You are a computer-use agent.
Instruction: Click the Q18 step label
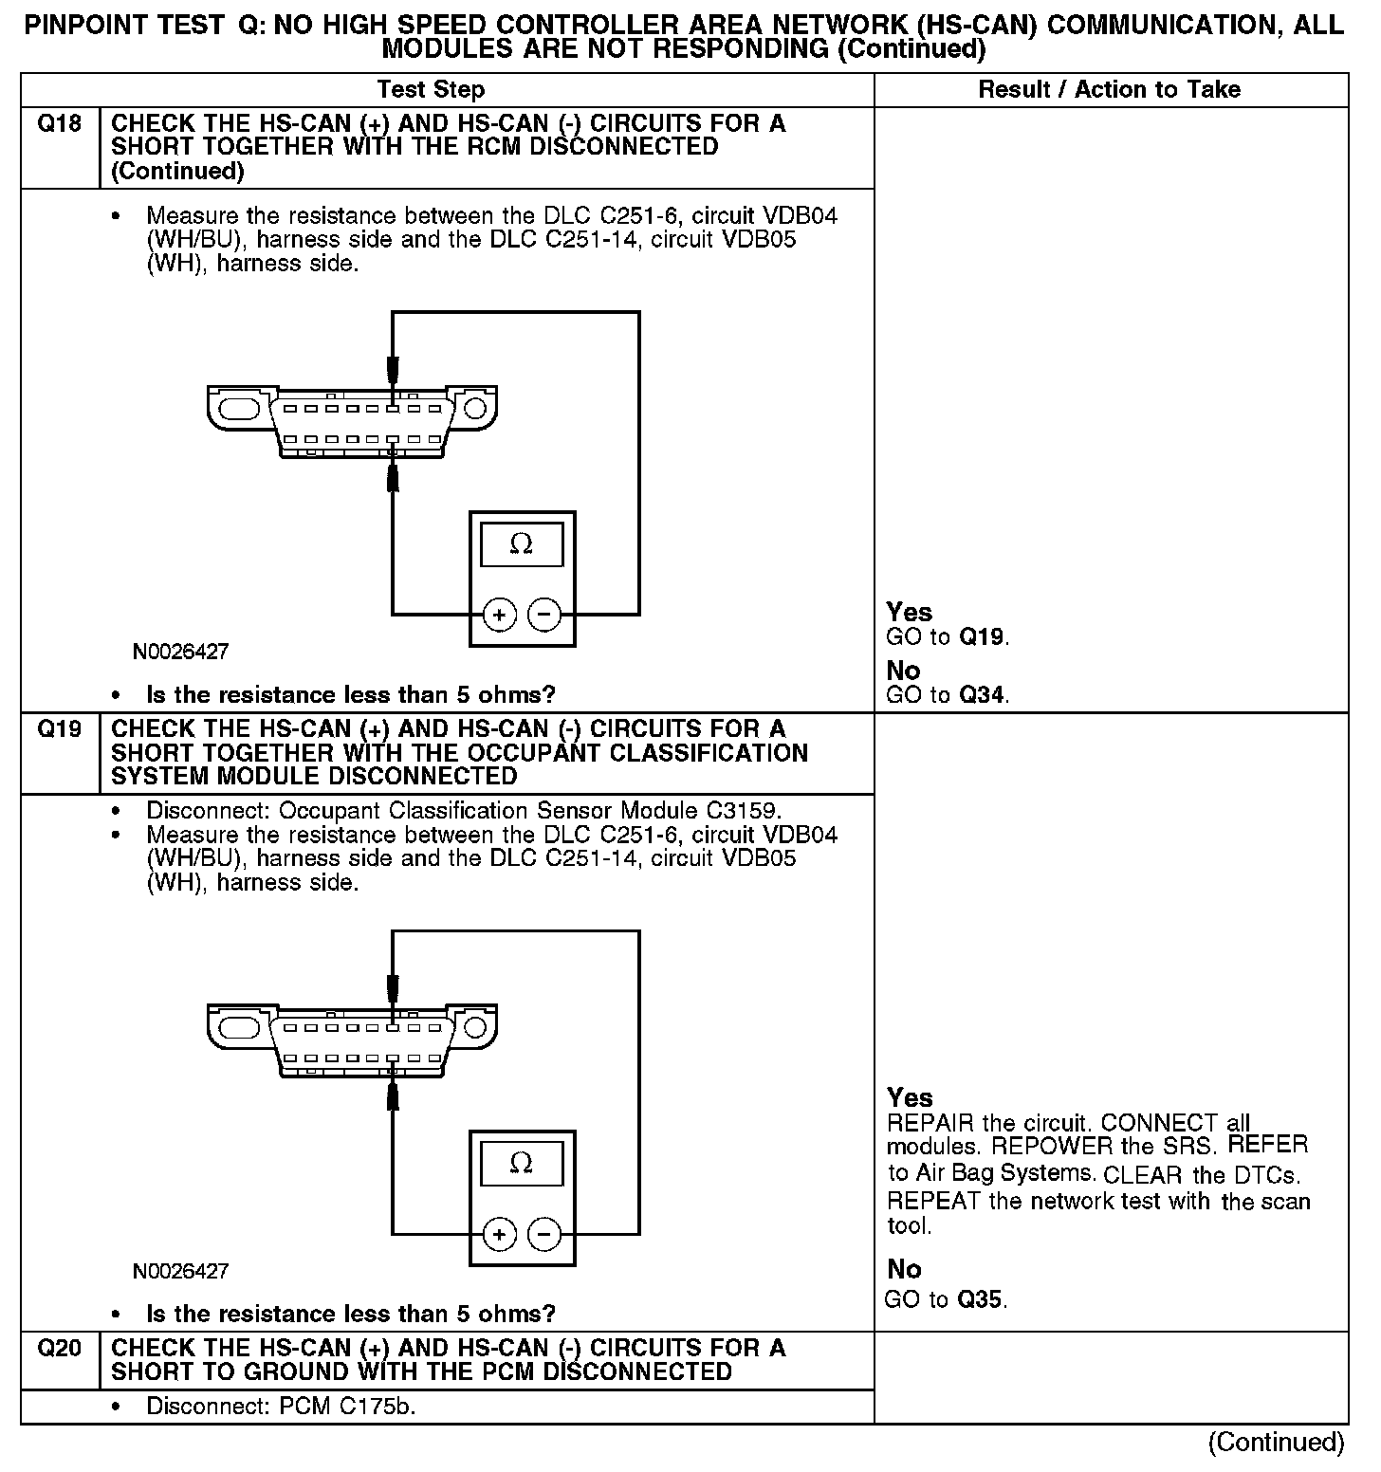pos(59,124)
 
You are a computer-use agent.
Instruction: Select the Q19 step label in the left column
pos(59,729)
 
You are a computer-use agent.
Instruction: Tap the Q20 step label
pos(59,1349)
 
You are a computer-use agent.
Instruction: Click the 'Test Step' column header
pos(431,90)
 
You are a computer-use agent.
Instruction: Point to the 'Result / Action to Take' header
pos(1109,90)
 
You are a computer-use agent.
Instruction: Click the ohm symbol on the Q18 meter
pos(522,544)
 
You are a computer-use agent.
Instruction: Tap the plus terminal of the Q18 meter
pos(499,615)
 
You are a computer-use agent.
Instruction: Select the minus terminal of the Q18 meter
pos(544,615)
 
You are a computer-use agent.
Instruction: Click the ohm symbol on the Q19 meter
pos(522,1163)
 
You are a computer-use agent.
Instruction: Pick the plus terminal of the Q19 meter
pos(499,1234)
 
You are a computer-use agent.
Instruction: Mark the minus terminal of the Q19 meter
pos(544,1234)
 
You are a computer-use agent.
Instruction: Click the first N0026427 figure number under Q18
pos(180,653)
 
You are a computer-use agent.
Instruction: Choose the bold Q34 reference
pos(982,695)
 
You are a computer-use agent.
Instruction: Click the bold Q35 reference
pos(980,1299)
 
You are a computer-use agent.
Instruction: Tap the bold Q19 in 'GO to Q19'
pos(982,636)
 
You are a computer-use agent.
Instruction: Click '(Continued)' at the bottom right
pos(1276,1443)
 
